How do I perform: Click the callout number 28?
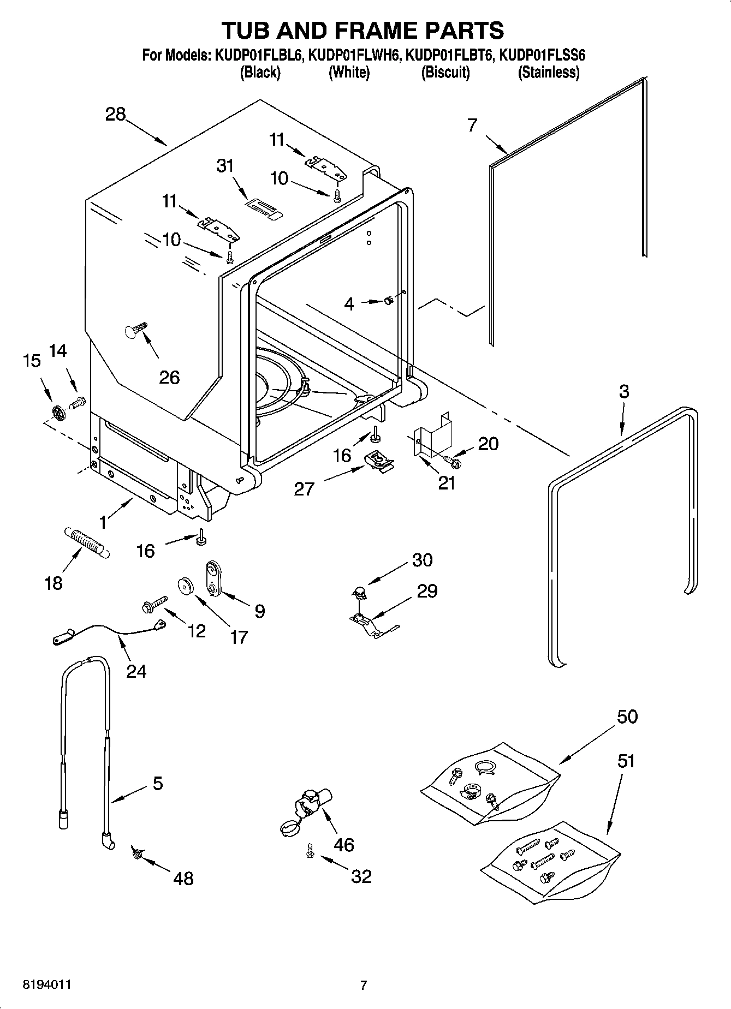(116, 115)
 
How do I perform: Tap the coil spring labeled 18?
(88, 541)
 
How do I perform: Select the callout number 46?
(344, 845)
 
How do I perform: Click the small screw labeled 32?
(310, 850)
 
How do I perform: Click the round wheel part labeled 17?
(187, 586)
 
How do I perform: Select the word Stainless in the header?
(548, 72)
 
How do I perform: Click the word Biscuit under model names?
(445, 72)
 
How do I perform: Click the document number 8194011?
(46, 984)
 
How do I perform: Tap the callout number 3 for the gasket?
(623, 391)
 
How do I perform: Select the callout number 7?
(473, 125)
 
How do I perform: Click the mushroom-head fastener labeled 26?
(135, 330)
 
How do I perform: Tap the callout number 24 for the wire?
(136, 670)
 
